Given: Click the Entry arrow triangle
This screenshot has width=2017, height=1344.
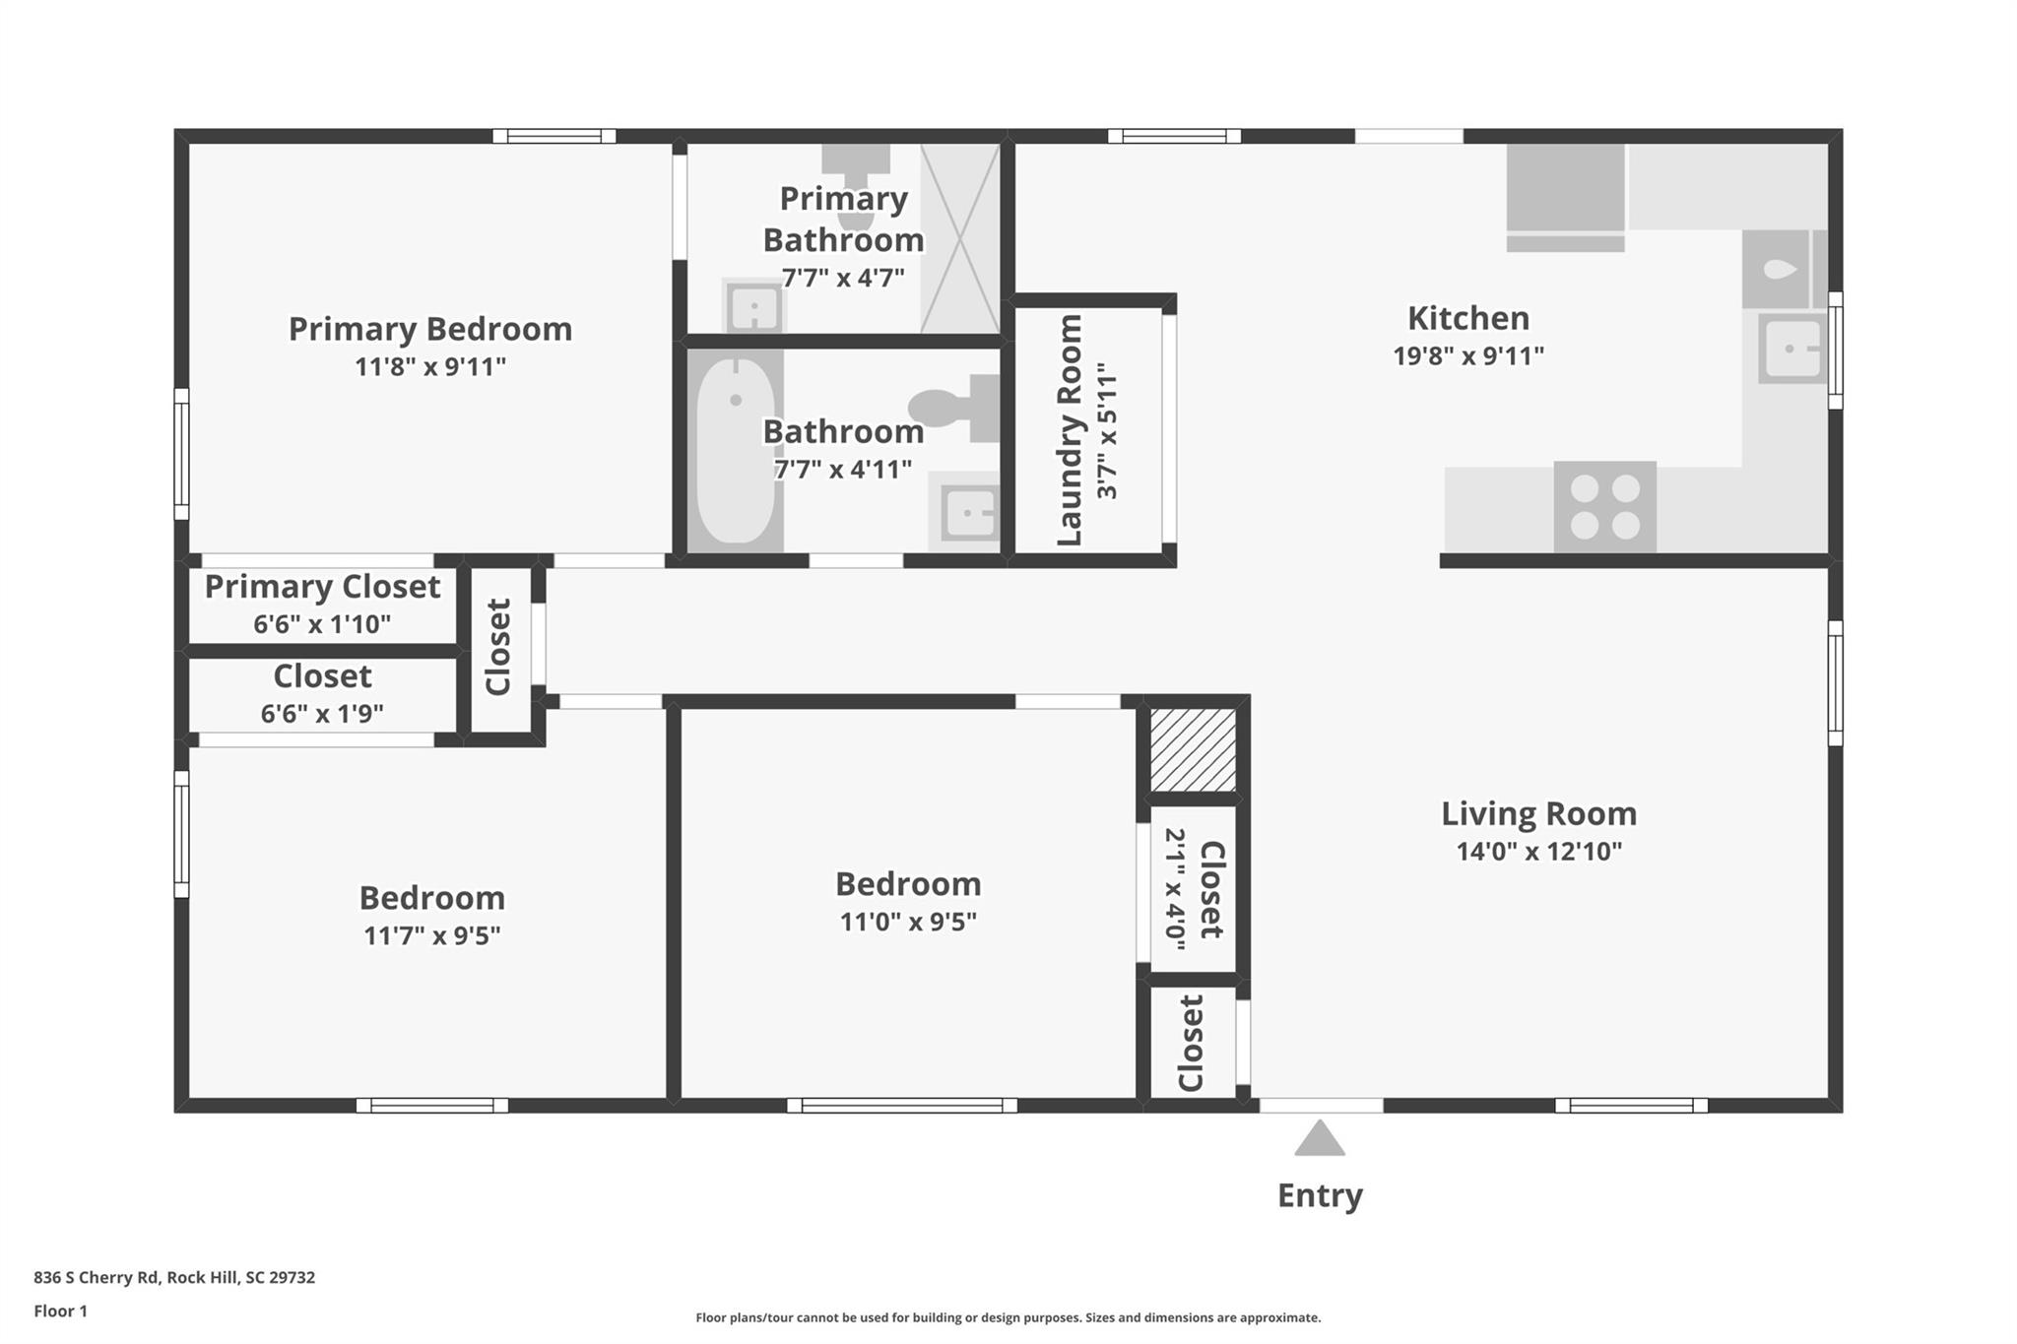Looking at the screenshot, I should pyautogui.click(x=1319, y=1140).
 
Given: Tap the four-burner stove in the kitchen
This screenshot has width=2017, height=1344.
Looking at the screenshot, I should pyautogui.click(x=1604, y=507).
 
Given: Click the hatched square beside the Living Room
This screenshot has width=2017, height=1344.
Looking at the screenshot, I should pyautogui.click(x=1193, y=749).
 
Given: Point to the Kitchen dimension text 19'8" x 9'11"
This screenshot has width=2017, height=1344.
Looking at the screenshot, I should pyautogui.click(x=1467, y=355).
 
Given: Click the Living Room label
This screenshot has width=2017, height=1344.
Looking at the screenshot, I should pyautogui.click(x=1538, y=813).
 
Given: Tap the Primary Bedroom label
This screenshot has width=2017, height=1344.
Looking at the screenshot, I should pyautogui.click(x=429, y=329).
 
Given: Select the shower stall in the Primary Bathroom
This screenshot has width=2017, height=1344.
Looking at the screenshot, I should pyautogui.click(x=959, y=238).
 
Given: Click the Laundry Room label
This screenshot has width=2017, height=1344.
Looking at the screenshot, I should pyautogui.click(x=1070, y=430).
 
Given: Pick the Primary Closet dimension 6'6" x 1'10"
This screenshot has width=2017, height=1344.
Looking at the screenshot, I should pyautogui.click(x=322, y=624).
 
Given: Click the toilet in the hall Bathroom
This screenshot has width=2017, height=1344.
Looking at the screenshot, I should pyautogui.click(x=953, y=407).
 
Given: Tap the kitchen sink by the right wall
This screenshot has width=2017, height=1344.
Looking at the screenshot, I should pyautogui.click(x=1791, y=349).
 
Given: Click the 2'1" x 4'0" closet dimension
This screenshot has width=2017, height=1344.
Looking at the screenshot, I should pyautogui.click(x=1175, y=889).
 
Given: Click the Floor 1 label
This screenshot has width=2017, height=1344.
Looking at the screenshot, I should pyautogui.click(x=60, y=1311).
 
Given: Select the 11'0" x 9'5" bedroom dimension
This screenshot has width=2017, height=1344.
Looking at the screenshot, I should pyautogui.click(x=907, y=922).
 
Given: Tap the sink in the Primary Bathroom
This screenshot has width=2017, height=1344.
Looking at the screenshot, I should pyautogui.click(x=753, y=308).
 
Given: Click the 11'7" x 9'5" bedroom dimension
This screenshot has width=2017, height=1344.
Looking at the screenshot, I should pyautogui.click(x=431, y=935).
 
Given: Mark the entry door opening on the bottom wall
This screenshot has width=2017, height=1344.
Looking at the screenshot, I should pyautogui.click(x=1321, y=1106).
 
